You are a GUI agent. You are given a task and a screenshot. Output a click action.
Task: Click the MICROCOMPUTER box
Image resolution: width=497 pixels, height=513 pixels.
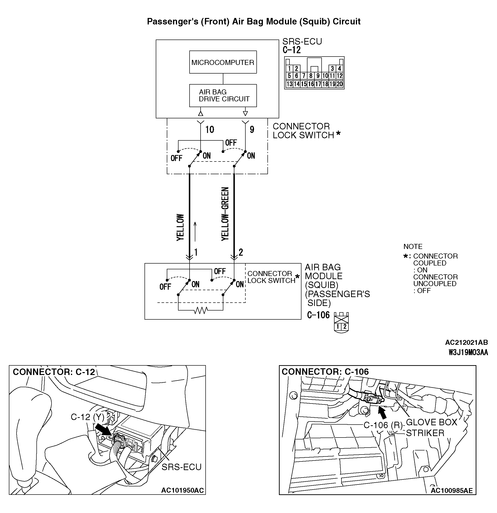coord(223,62)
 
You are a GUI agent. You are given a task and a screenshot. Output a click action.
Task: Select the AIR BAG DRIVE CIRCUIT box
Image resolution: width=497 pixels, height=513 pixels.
coord(223,95)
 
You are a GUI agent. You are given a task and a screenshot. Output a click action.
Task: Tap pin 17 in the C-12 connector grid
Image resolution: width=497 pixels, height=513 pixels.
coord(318,84)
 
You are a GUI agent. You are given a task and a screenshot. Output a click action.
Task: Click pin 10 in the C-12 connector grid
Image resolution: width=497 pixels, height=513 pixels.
coord(325,76)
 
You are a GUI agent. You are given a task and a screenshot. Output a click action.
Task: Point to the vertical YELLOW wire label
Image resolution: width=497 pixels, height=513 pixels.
coord(180,227)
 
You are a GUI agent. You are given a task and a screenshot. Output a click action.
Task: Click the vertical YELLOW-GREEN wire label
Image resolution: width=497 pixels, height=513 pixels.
coord(225,214)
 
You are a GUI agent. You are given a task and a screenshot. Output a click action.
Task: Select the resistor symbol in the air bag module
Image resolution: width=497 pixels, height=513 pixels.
coord(201,311)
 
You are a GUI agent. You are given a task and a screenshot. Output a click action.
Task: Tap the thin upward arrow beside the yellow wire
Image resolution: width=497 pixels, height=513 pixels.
coord(195,231)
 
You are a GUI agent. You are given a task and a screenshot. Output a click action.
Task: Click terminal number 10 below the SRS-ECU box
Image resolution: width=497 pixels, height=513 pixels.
coord(209,130)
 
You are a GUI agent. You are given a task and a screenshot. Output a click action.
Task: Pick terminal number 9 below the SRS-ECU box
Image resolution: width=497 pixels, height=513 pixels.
coord(252,130)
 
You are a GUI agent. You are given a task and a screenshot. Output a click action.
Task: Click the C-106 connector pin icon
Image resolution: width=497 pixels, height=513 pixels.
coord(341,323)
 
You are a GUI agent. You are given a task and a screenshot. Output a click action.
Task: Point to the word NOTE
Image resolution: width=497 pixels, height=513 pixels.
coord(413,247)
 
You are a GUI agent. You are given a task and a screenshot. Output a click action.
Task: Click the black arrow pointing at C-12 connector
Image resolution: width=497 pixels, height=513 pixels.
coord(103,430)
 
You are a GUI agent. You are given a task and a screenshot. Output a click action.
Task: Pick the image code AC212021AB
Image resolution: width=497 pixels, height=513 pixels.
coord(466,342)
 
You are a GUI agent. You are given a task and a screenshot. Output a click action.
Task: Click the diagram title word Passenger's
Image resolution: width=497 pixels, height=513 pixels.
coord(173,22)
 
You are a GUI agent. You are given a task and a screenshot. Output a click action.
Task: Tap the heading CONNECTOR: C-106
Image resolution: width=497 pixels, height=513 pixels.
coord(325,372)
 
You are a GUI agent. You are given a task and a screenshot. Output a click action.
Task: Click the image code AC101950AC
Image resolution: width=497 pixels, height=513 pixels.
coord(182,490)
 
